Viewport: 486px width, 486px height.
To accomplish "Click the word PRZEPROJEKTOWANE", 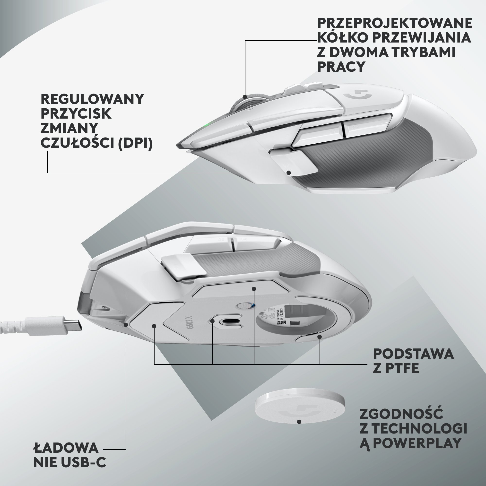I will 394,23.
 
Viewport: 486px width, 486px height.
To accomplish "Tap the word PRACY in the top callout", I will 341,67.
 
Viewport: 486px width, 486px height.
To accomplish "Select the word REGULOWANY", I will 92,99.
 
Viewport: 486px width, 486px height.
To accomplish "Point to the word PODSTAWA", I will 413,354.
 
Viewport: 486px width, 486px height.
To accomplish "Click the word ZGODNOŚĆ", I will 401,414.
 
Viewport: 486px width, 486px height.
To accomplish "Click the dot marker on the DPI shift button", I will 289,173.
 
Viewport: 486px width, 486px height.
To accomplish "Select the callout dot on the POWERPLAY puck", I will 299,422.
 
